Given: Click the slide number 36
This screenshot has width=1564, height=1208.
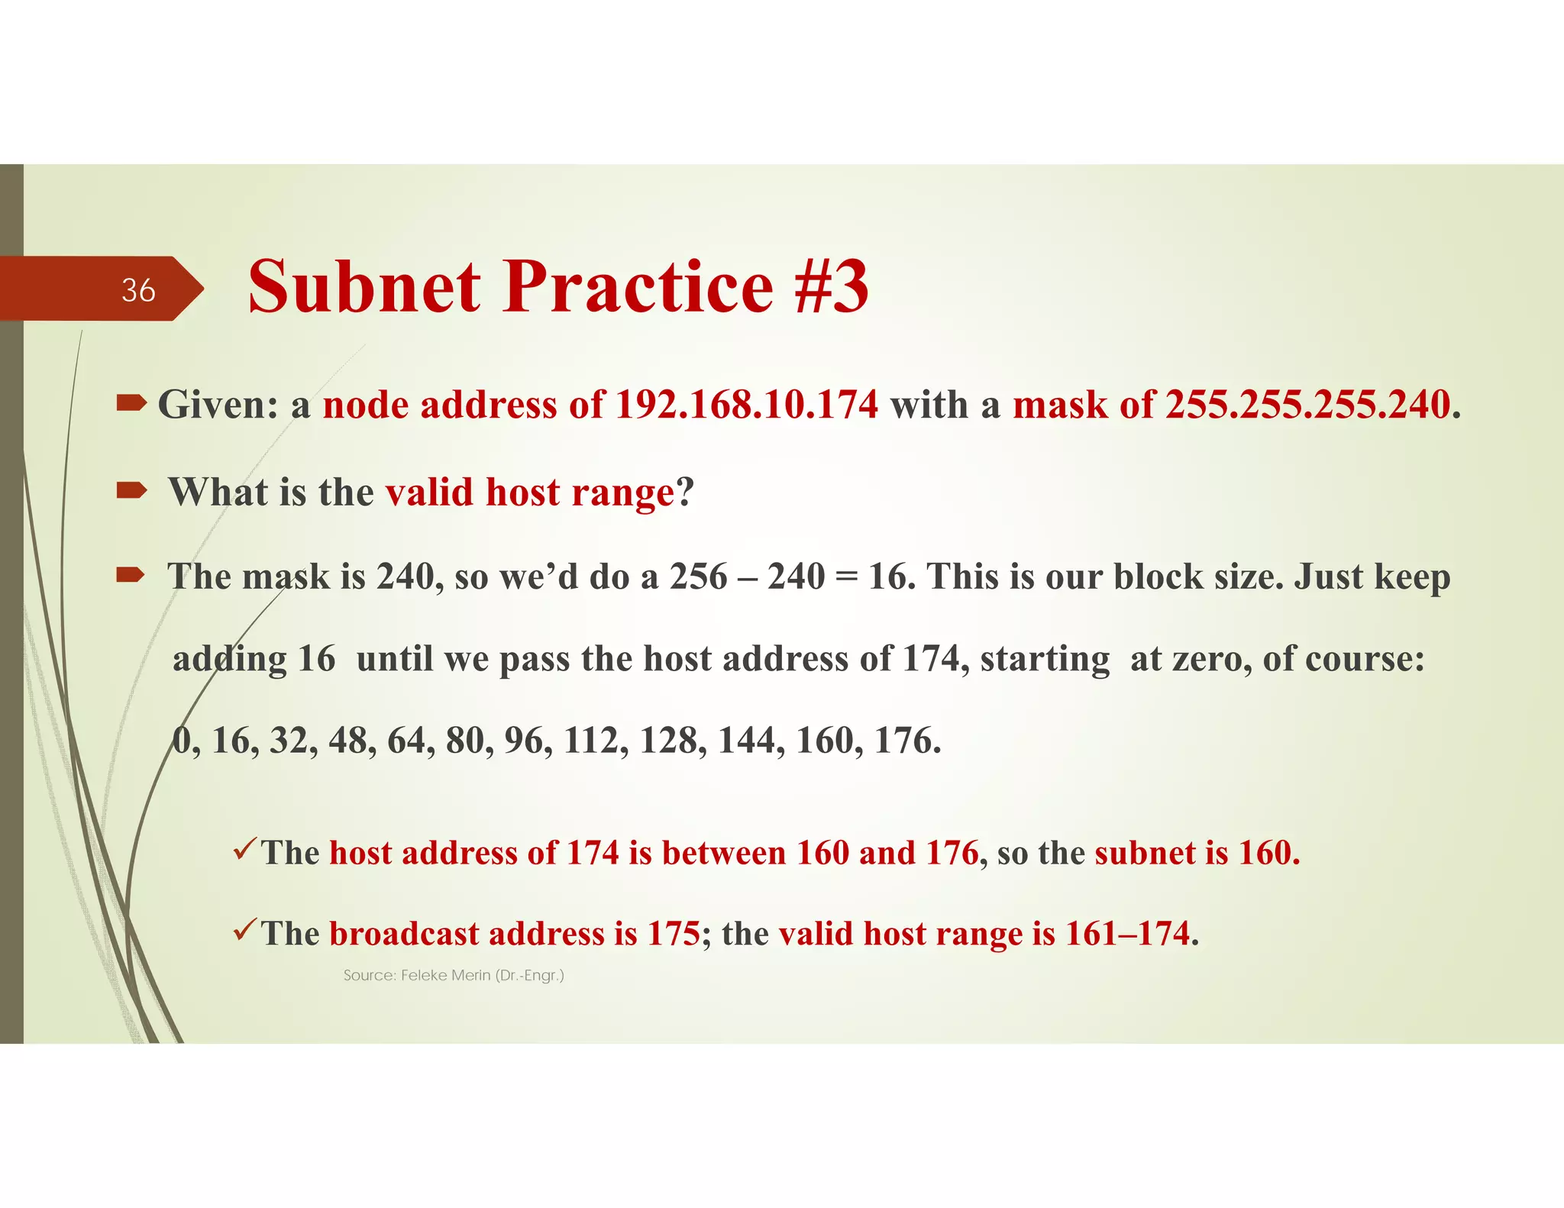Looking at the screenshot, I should coord(138,290).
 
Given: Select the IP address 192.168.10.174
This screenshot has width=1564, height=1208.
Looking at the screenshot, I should coord(746,405).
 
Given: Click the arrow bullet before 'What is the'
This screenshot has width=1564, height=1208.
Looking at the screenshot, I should coord(131,490).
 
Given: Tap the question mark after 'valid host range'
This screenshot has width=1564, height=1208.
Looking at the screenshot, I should coord(685,492).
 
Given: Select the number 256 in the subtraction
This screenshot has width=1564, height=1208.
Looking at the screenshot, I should coord(699,577).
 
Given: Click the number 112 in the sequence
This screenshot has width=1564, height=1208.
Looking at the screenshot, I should coord(591,741).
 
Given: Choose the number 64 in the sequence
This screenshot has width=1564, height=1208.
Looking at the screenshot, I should coord(406,741).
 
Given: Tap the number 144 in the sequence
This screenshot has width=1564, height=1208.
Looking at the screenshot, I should coord(746,741).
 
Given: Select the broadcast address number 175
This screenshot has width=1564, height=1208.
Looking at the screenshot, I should coord(674,934).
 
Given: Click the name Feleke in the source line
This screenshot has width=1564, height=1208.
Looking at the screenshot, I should coord(425,975).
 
